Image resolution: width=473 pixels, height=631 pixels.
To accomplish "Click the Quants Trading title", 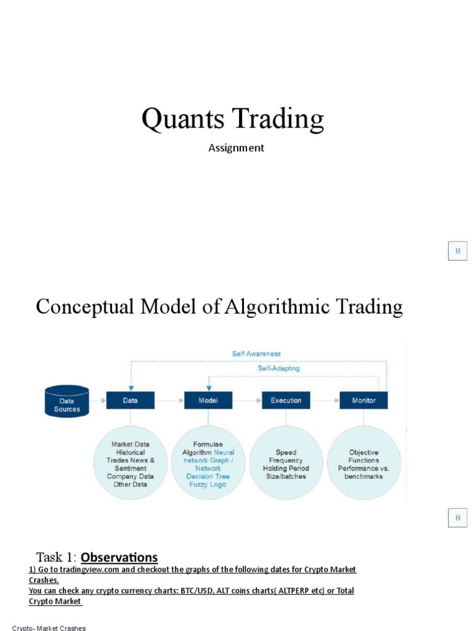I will (232, 119).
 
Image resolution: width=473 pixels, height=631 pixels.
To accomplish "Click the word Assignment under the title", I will (236, 148).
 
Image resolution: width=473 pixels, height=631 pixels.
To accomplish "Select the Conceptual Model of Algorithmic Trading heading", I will (219, 306).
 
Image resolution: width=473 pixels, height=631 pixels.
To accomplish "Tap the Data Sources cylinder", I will (67, 401).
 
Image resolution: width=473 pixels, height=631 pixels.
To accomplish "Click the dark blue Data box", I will (130, 401).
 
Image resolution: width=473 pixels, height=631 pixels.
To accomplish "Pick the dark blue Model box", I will (208, 401).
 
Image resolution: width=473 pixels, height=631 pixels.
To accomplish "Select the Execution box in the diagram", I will (286, 401).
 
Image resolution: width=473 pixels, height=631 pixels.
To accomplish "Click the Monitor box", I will (363, 401).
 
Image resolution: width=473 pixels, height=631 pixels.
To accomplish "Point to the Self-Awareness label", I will (256, 354).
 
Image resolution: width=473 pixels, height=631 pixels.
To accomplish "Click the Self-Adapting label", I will (278, 368).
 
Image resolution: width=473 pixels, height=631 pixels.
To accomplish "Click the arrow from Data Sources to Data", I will (97, 401).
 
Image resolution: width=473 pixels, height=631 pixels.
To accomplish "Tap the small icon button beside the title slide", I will (458, 251).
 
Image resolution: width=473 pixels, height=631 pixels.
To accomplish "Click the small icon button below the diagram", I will (458, 518).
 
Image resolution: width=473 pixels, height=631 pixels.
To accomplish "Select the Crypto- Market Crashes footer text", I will (49, 628).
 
